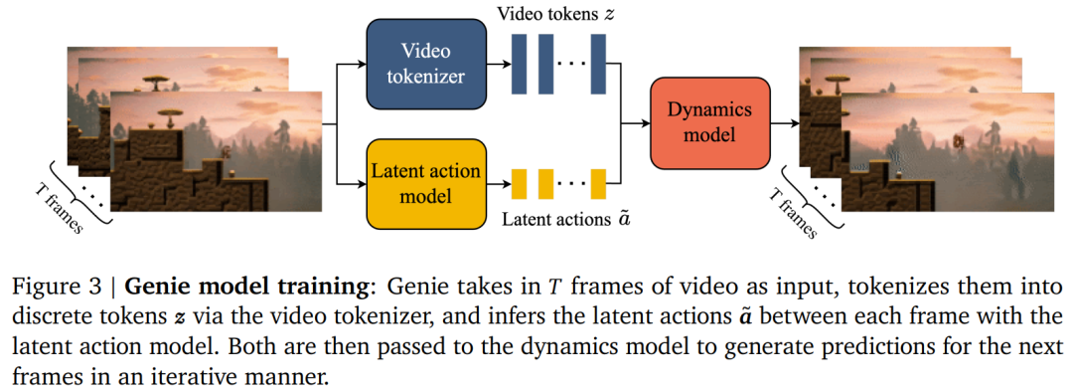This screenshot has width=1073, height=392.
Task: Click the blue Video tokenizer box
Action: point(426,64)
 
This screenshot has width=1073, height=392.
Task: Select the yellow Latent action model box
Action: point(426,184)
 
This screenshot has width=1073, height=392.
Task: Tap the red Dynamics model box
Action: point(710,123)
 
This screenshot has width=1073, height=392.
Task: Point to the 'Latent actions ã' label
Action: point(566,219)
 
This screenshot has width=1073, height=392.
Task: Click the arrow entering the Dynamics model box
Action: point(635,123)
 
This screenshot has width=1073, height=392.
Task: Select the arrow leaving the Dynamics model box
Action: point(785,123)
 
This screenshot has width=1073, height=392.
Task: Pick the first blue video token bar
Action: point(520,65)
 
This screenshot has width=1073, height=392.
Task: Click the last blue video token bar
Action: point(599,65)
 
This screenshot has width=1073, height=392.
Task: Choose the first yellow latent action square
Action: point(520,184)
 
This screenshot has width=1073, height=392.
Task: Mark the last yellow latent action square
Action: point(599,184)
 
